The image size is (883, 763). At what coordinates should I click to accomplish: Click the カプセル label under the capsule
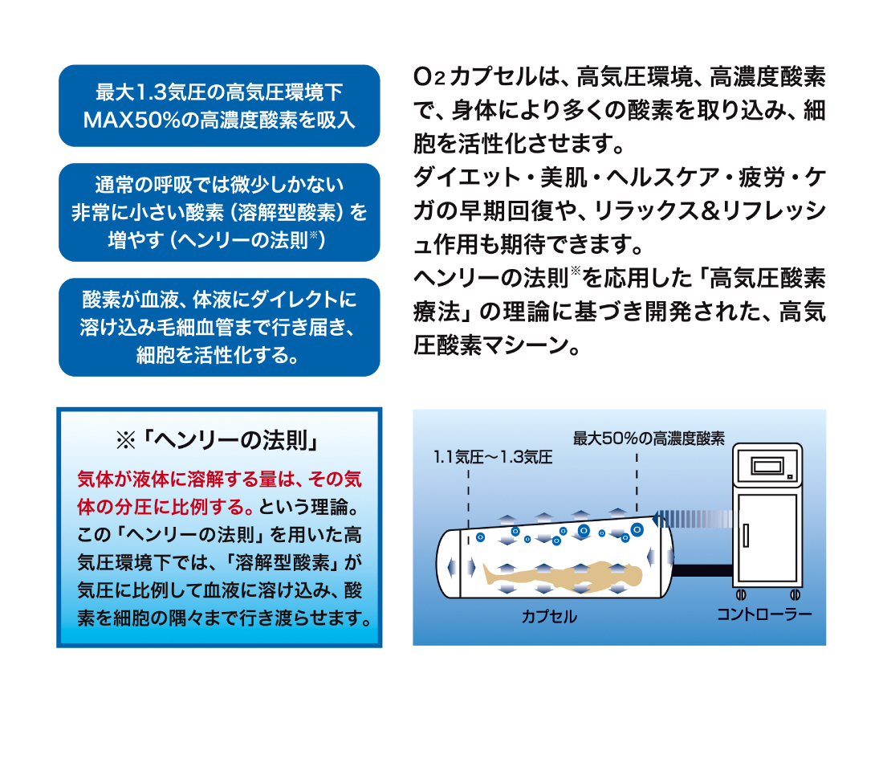(x=549, y=617)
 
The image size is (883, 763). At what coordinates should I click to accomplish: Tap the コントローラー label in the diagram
(x=764, y=614)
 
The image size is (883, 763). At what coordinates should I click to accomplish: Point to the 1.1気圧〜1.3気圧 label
(x=493, y=457)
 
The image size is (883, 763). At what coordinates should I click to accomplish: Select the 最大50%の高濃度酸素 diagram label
(x=649, y=439)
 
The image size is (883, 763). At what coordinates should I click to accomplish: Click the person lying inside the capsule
(x=563, y=575)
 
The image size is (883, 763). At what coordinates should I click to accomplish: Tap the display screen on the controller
(x=767, y=467)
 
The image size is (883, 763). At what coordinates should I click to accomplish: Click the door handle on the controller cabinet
(x=746, y=536)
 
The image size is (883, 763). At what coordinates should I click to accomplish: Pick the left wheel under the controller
(x=741, y=594)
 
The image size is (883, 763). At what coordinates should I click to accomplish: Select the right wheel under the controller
(x=796, y=594)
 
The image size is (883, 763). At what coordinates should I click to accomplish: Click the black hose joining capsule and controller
(x=702, y=570)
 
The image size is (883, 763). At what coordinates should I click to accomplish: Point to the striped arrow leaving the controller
(x=694, y=519)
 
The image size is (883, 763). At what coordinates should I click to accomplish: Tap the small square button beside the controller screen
(x=790, y=477)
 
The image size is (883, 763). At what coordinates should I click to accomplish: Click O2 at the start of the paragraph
(x=429, y=77)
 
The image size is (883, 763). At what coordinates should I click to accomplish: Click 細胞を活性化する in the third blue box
(x=210, y=355)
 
